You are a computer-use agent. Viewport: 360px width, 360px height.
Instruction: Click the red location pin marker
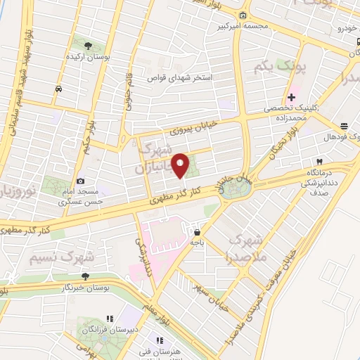(x=180, y=165)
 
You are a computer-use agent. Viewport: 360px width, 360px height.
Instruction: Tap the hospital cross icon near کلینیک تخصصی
(x=291, y=96)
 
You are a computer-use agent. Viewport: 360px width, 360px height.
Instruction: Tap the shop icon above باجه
(x=198, y=231)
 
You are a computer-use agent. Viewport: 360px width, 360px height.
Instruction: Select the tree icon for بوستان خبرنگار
(x=86, y=276)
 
